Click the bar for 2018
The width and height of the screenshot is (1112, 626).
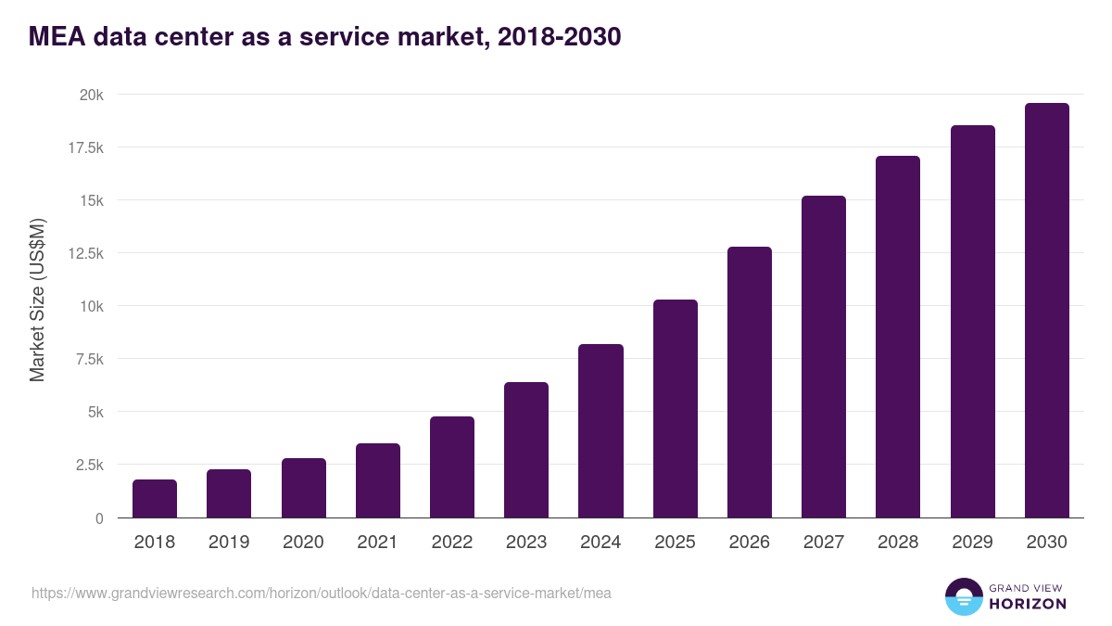tap(155, 499)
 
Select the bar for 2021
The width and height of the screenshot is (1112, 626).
tap(377, 480)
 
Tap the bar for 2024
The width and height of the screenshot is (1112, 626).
tap(600, 431)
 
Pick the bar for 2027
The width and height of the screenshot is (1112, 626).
tap(824, 357)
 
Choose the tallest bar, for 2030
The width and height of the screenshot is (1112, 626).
tap(1046, 311)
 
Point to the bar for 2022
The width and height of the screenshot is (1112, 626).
tap(452, 467)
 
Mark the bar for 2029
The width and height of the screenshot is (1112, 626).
tap(972, 322)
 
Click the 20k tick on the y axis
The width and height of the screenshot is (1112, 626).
tap(90, 95)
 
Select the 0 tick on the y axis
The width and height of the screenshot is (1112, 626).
tap(98, 517)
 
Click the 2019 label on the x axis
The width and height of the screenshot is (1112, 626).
tap(229, 543)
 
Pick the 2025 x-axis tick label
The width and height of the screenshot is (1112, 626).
tap(675, 543)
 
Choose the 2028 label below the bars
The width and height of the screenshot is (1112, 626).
tap(898, 543)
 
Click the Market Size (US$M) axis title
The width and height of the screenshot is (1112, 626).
tap(37, 300)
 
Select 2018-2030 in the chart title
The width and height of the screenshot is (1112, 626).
tap(559, 37)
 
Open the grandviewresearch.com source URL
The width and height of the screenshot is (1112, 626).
tap(321, 593)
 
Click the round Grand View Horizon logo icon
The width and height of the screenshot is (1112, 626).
tap(963, 596)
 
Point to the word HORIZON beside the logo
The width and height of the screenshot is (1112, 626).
tap(1028, 604)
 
